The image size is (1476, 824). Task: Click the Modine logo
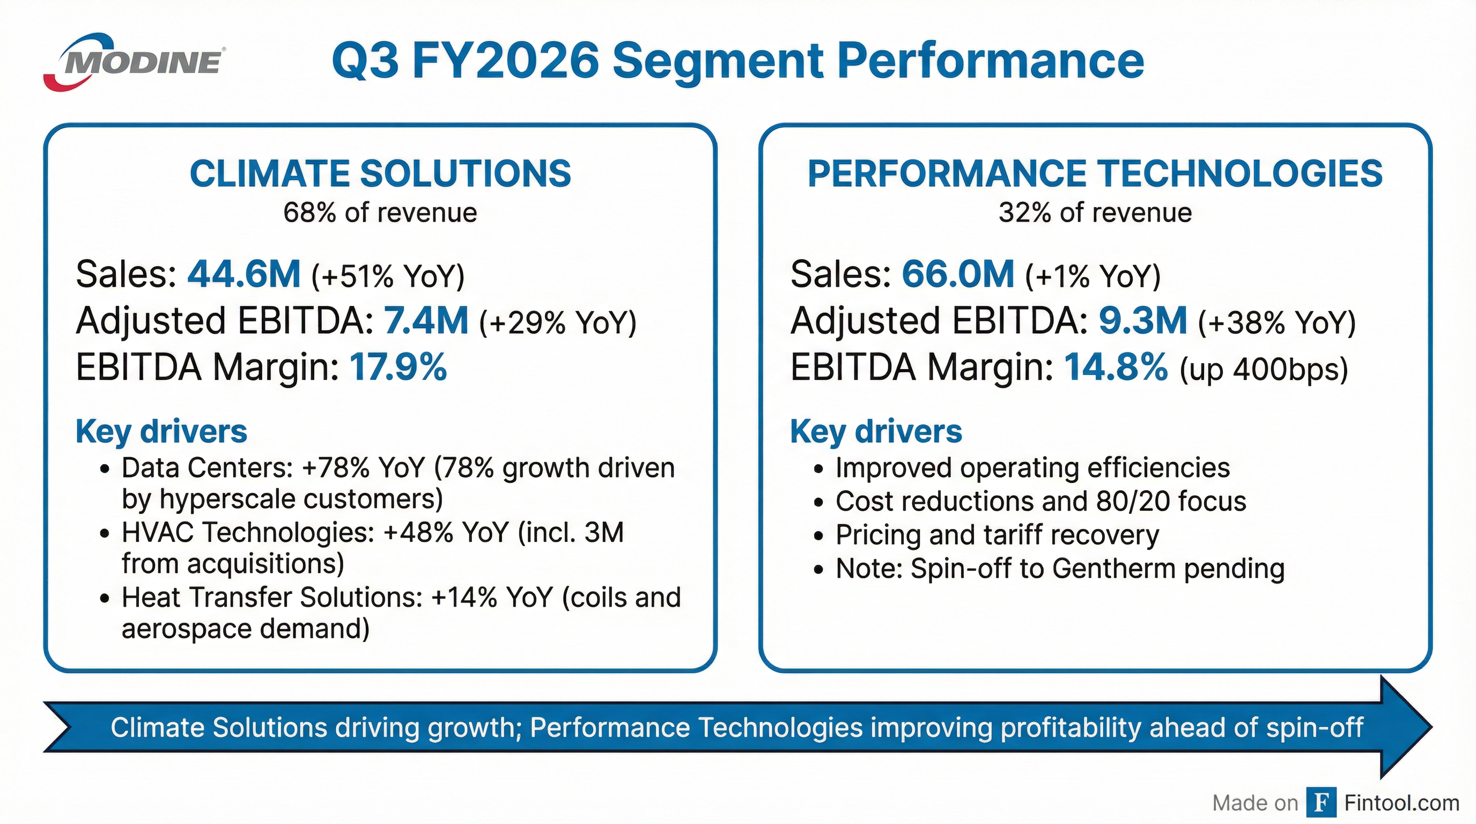(x=135, y=62)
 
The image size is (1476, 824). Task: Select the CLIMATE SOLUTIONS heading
(x=380, y=174)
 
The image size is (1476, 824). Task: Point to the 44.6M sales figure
(x=244, y=274)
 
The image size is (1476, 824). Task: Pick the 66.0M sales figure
(x=958, y=274)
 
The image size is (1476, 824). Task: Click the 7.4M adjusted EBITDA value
(x=426, y=320)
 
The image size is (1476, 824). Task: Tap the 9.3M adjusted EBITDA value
(x=1142, y=320)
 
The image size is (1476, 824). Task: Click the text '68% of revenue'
(x=380, y=213)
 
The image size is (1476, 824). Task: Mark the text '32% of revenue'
(x=1095, y=213)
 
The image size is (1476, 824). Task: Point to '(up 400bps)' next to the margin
(x=1264, y=370)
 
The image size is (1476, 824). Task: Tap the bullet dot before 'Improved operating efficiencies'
(x=819, y=469)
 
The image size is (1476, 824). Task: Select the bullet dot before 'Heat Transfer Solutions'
(x=104, y=599)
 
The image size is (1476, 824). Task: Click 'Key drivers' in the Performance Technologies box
(x=876, y=431)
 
